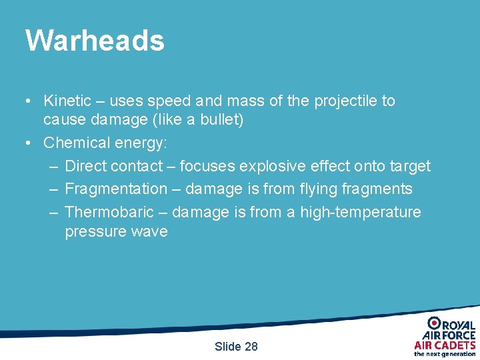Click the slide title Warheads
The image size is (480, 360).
click(x=95, y=40)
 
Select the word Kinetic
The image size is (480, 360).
click(x=67, y=101)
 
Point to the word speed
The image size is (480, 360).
click(x=169, y=101)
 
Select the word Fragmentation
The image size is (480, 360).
click(x=116, y=189)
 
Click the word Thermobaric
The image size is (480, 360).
click(x=109, y=212)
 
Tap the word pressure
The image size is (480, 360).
click(x=95, y=232)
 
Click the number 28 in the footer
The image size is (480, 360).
click(x=251, y=346)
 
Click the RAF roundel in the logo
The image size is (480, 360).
click(x=433, y=323)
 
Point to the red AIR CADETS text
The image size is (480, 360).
click(x=445, y=345)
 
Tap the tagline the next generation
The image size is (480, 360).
click(x=445, y=354)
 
